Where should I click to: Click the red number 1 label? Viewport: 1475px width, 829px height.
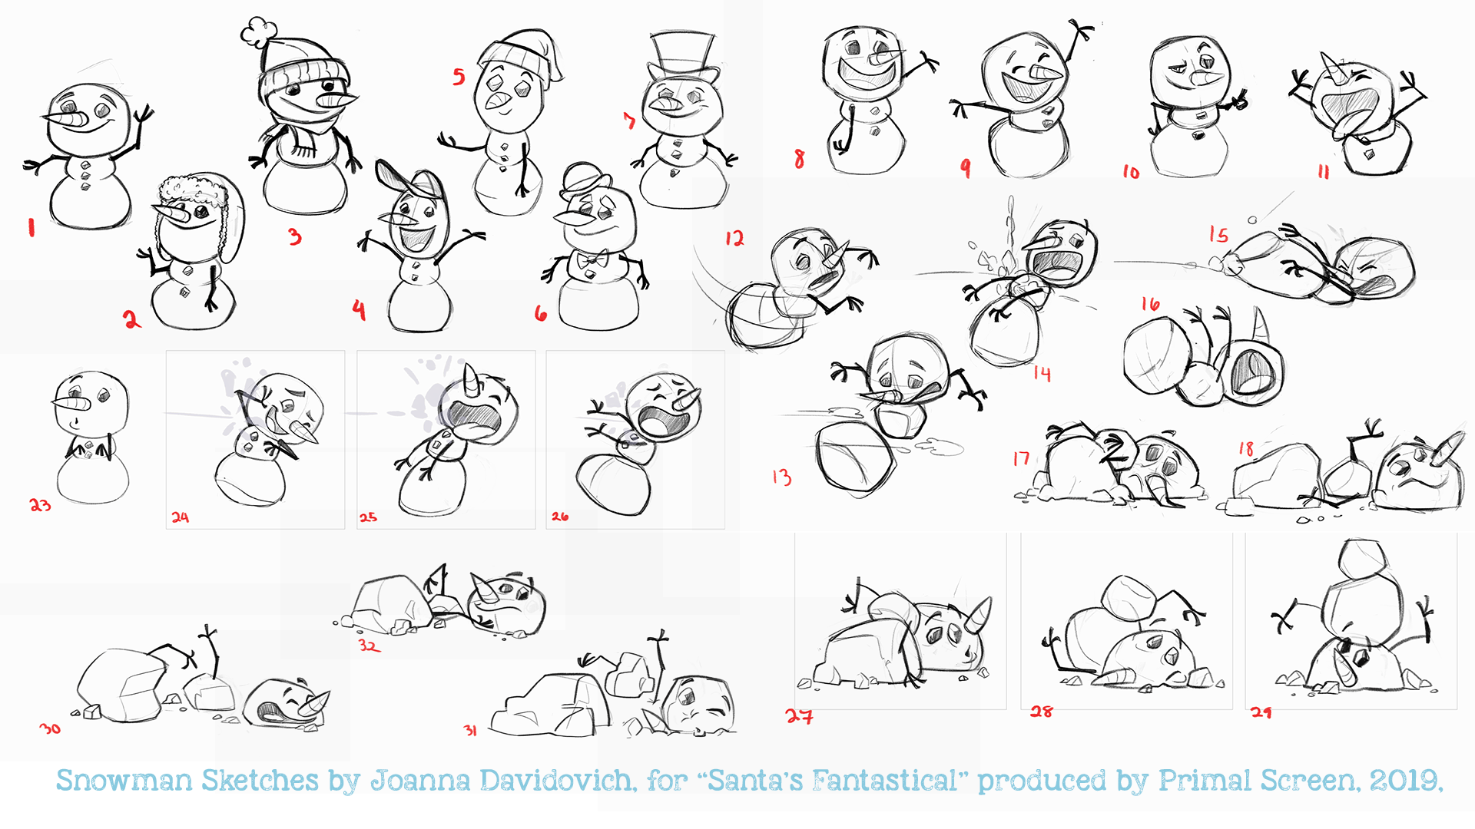click(31, 227)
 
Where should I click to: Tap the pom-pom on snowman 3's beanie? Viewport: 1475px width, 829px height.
click(258, 31)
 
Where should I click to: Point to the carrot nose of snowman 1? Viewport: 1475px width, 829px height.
click(68, 121)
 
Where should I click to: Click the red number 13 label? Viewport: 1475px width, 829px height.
click(781, 477)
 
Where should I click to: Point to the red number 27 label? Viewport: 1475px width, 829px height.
click(799, 716)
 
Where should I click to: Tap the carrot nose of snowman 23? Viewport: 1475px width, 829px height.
click(71, 403)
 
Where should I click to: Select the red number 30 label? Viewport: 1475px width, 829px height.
click(50, 728)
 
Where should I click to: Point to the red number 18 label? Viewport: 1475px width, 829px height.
click(1246, 448)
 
